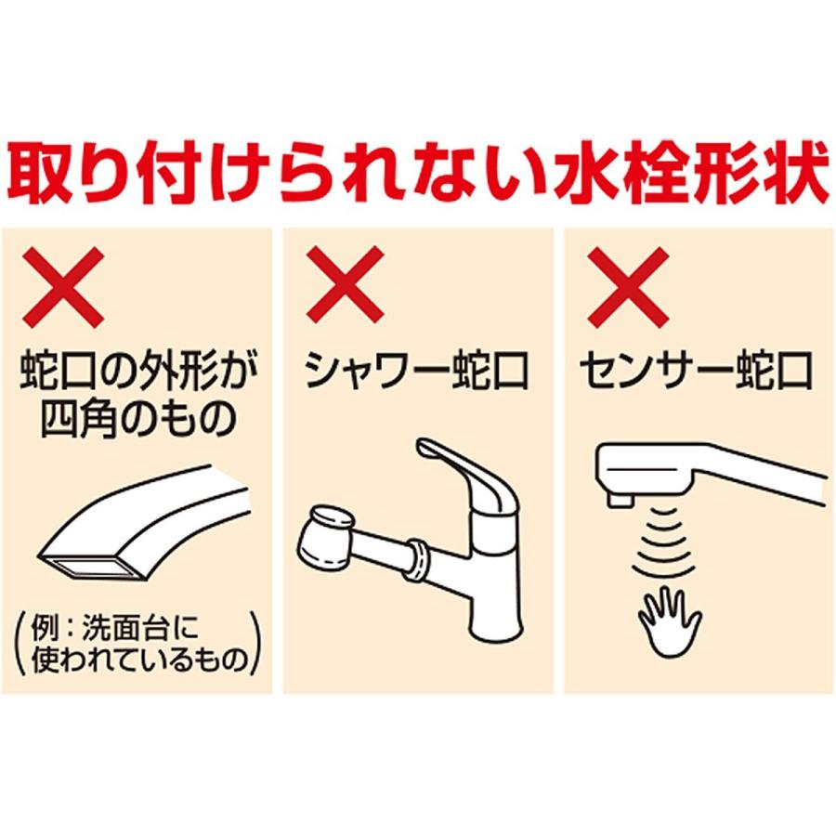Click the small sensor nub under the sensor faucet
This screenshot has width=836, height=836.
click(x=618, y=500)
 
